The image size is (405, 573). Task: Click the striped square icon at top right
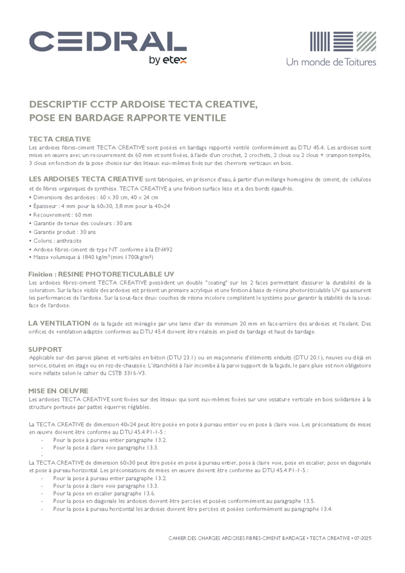pos(343,41)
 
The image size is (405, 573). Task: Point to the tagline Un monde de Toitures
pos(331,61)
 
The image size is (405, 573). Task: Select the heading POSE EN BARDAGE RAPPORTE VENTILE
pos(128,118)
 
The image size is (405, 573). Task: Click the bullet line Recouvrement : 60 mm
pos(61,214)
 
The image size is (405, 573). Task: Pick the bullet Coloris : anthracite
pos(57,241)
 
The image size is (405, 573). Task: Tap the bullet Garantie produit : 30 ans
pos(64,232)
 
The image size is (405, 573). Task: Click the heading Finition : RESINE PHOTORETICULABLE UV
pos(101,274)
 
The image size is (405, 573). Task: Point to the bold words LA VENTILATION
pos(60,323)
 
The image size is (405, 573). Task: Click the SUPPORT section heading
pos(45,349)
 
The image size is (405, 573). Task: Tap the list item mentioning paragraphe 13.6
pos(104,493)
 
